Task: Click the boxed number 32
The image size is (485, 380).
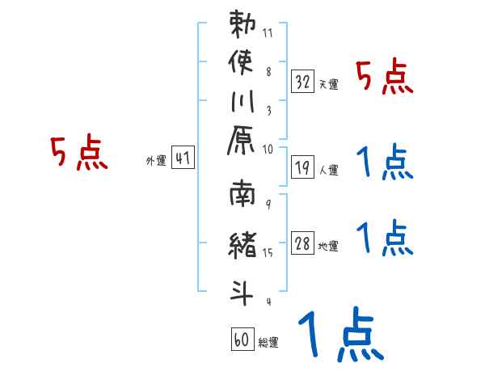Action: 303,81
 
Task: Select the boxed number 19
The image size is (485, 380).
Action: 303,168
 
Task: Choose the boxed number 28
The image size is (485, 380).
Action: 303,244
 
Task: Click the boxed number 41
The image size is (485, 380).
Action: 183,158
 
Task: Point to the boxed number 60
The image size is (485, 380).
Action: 242,340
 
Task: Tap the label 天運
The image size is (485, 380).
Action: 328,84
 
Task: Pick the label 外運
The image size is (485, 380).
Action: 155,161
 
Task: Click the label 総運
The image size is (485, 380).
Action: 268,343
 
